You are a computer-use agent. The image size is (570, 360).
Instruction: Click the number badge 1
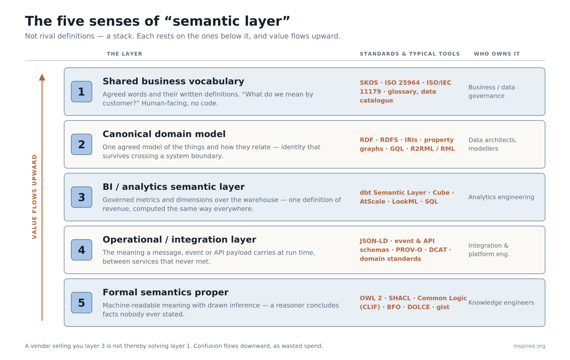click(x=82, y=92)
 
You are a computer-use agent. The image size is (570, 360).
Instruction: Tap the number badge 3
click(x=82, y=197)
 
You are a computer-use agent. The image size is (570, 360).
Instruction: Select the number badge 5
click(x=82, y=302)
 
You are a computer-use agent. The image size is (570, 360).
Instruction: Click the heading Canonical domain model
click(x=164, y=134)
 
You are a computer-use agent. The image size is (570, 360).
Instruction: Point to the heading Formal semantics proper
click(x=165, y=292)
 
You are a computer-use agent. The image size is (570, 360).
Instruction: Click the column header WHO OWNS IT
click(x=497, y=54)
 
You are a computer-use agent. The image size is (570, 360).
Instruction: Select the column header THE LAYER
click(x=124, y=54)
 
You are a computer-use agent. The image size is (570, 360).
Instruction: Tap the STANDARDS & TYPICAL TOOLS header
click(x=410, y=54)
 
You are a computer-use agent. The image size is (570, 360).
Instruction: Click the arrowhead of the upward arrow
click(x=42, y=77)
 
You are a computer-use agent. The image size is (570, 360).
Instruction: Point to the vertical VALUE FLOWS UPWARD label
click(x=34, y=197)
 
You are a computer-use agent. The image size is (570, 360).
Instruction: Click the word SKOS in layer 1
click(x=369, y=83)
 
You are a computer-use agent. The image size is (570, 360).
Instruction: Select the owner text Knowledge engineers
click(x=501, y=302)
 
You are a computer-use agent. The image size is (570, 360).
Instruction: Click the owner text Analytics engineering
click(x=501, y=197)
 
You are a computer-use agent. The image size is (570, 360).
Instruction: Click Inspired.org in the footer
click(x=529, y=346)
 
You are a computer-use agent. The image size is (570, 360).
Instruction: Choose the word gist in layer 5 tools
click(x=443, y=307)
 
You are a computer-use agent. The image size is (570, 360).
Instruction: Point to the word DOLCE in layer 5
click(x=419, y=307)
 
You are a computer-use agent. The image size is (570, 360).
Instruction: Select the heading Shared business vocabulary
click(x=173, y=81)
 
